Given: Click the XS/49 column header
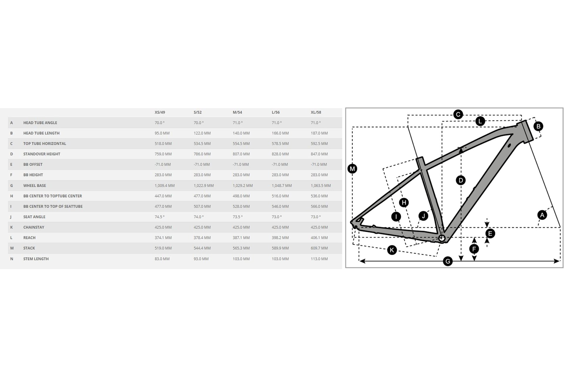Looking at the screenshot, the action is point(160,112).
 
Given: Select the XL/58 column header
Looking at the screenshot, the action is point(316,112).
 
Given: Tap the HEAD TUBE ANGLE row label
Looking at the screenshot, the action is point(40,123).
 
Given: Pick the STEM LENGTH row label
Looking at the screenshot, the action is point(36,259).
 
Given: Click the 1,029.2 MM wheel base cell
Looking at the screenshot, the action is point(243,186).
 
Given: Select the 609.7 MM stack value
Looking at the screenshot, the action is point(319,248).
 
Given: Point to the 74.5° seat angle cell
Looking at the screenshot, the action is point(160,217).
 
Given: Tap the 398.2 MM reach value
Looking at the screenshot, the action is point(280,238).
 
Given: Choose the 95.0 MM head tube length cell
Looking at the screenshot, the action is point(162,133).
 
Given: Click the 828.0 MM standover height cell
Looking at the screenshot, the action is point(280,154).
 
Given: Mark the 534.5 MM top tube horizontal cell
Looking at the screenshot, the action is point(202,144).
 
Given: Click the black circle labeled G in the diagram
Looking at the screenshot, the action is point(448,261).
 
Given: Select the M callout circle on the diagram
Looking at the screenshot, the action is point(352,169).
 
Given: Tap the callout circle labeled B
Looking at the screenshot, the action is point(538,126).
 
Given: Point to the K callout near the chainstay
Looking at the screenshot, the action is point(392,250).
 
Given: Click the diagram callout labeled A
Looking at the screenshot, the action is point(542,215).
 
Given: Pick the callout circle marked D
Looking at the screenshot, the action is point(461,180).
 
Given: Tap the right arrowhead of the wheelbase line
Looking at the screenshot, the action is point(557,261).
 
